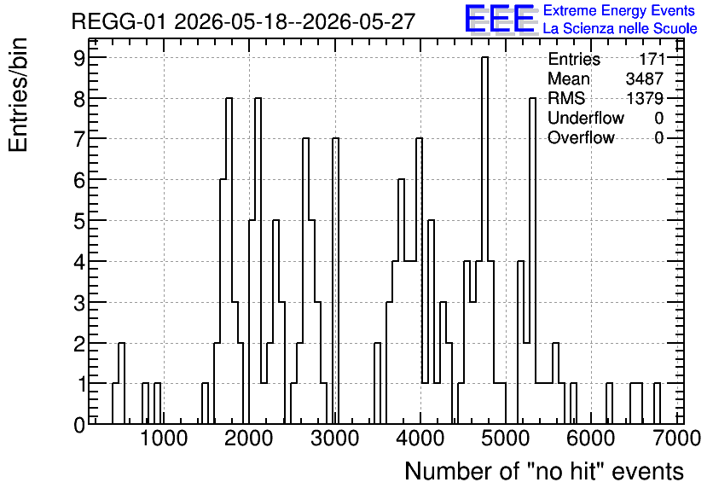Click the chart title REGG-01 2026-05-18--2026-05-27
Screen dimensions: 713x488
pos(243,21)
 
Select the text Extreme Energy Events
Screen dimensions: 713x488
pos(619,10)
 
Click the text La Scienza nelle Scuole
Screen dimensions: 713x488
pos(620,29)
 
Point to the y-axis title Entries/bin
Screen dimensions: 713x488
pos(19,95)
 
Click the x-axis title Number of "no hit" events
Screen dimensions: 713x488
pos(544,471)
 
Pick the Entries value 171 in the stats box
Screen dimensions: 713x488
pos(652,59)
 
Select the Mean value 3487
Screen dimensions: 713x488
pos(644,78)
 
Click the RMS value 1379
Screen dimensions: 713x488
pos(644,98)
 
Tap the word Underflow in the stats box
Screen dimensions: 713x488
pos(586,118)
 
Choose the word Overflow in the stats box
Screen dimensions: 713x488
pos(581,137)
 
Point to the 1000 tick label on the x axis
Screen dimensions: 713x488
pos(164,439)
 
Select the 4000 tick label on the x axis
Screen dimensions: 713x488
pos(420,439)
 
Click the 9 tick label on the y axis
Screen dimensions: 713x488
pos(79,58)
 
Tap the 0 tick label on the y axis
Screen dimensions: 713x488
pos(79,425)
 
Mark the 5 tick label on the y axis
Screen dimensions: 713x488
pos(79,221)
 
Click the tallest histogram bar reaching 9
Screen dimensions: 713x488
pos(484,241)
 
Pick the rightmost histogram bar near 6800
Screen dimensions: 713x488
pos(657,404)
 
